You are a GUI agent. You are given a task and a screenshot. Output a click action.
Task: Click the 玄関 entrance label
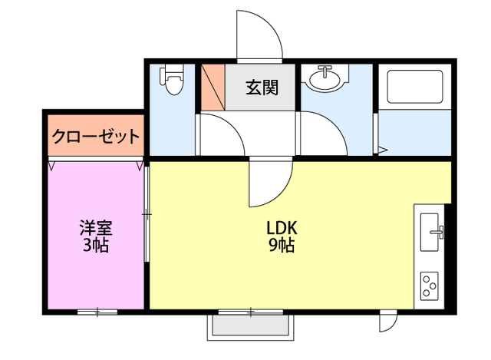[x=262, y=87]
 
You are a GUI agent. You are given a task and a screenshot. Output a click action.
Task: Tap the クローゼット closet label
[x=96, y=137]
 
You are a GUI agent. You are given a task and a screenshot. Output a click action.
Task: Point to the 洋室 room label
[x=97, y=228]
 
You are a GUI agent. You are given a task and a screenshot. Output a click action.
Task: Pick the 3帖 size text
[x=97, y=246]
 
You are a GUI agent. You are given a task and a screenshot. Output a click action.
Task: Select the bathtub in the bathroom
[x=414, y=87]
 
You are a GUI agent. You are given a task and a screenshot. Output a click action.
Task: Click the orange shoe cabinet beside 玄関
[x=213, y=86]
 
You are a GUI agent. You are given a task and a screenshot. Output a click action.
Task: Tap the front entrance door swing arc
[x=261, y=35]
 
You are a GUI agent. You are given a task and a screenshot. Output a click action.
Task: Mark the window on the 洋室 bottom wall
[x=97, y=311]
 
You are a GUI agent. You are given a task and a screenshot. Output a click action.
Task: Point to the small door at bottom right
[x=388, y=322]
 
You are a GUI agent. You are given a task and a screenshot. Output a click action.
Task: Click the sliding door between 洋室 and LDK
[x=146, y=215]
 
